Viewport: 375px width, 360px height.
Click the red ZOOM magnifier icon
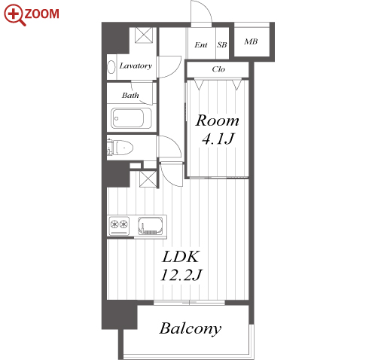14,14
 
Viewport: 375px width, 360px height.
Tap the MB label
251,41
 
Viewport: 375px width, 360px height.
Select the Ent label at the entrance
201,45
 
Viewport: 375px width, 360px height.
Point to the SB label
222,45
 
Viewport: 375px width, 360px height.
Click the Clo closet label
218,69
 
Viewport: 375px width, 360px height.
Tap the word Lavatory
136,66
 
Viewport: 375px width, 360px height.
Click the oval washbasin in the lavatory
111,67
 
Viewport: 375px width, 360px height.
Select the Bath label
130,95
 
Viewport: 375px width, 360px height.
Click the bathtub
131,118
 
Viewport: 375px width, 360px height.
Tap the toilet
120,147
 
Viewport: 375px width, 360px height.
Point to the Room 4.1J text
218,129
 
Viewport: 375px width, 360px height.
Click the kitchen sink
151,225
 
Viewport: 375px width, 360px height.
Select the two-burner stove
119,226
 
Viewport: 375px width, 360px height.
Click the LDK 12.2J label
181,266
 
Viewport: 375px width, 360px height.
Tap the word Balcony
191,328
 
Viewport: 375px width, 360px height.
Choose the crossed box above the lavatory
144,35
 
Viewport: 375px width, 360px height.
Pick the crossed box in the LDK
148,179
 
